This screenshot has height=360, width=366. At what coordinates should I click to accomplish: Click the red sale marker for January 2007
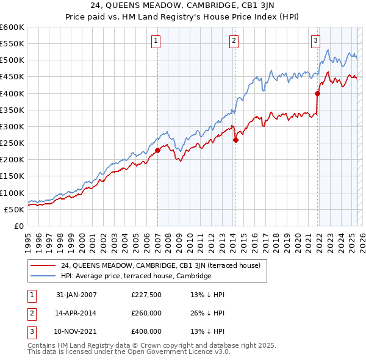tap(157, 150)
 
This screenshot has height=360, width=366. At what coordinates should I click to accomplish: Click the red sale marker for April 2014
tap(235, 140)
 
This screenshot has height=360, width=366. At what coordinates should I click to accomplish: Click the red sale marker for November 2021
tap(317, 93)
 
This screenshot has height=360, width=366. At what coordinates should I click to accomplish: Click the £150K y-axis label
tap(12, 176)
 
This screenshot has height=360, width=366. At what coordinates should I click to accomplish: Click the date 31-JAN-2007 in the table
tap(76, 295)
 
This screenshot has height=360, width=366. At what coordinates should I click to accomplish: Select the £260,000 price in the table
tap(146, 313)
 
